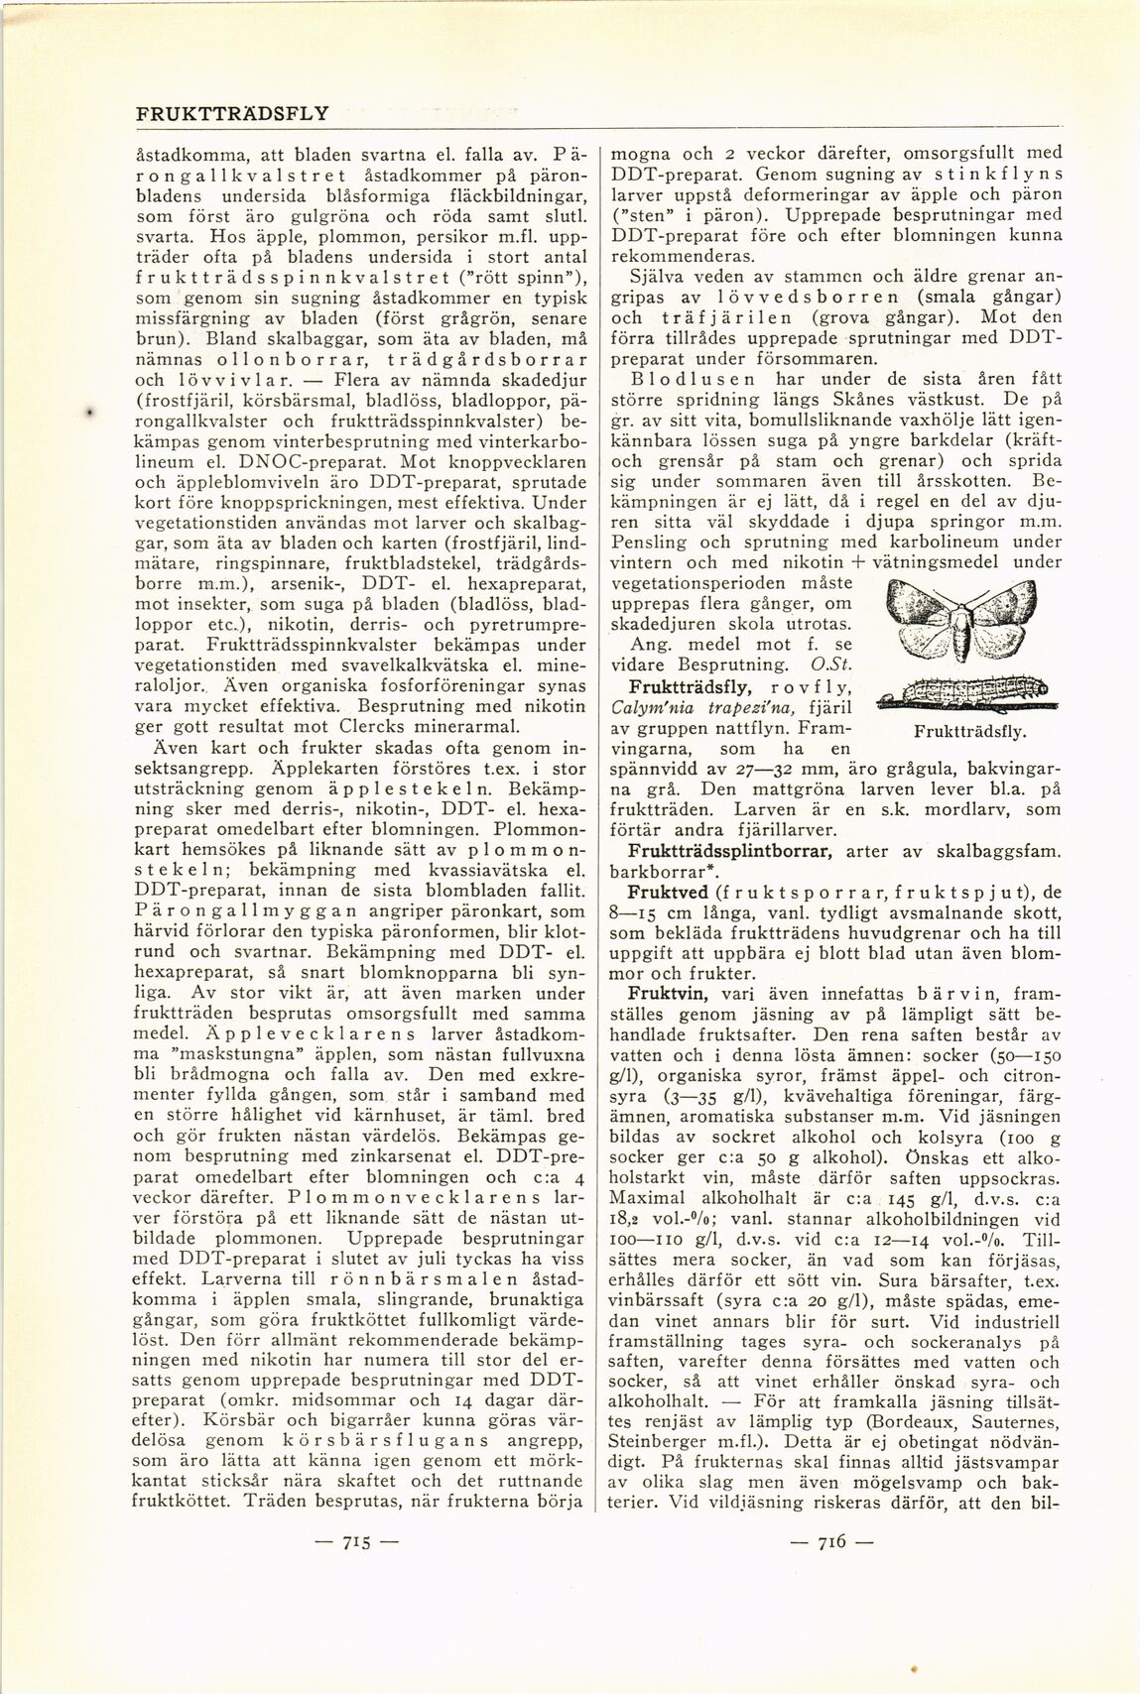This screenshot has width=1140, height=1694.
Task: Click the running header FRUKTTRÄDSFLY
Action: point(231,112)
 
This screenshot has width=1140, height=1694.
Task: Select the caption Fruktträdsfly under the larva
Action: point(967,732)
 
